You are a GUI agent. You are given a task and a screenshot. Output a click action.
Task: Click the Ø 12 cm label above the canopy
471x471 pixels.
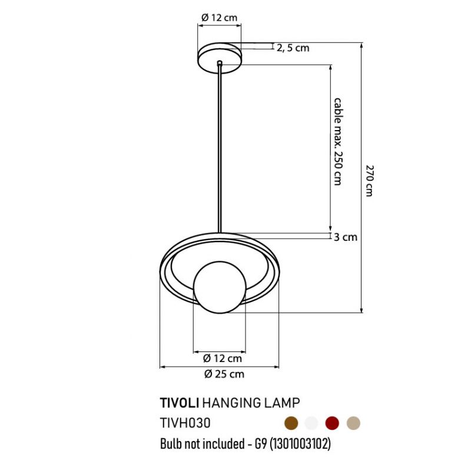219,18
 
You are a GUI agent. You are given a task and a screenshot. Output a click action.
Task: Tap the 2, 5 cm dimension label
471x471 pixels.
293,48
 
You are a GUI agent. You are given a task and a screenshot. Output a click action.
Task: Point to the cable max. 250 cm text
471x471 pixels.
338,141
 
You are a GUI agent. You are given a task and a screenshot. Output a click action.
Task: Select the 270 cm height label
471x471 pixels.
370,181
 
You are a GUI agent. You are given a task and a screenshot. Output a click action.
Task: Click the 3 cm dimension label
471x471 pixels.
346,237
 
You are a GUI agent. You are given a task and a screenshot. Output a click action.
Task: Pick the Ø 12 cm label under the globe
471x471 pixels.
223,358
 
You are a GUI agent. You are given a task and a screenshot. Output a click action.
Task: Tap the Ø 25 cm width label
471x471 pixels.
224,374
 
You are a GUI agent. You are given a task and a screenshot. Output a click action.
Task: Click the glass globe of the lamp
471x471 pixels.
220,287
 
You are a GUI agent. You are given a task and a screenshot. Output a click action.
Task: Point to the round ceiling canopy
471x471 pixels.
220,58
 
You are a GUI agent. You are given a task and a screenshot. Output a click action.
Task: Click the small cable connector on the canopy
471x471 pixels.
220,63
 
